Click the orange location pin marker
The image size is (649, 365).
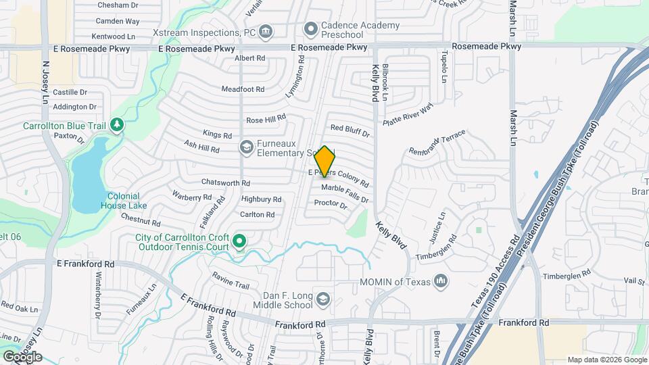(x=325, y=162)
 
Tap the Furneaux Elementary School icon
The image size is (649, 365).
(x=247, y=147)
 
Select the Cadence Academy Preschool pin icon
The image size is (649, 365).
(x=311, y=29)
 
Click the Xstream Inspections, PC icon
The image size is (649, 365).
(x=266, y=31)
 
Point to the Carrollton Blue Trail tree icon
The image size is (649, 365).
(x=118, y=125)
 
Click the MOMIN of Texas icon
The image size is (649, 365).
(x=441, y=280)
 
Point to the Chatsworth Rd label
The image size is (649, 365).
(x=226, y=182)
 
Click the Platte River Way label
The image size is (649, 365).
(x=407, y=114)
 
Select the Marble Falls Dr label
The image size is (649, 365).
(x=345, y=193)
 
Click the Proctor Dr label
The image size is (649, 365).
(x=331, y=204)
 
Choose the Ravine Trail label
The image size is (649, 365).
(x=231, y=276)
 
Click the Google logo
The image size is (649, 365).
(x=22, y=356)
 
